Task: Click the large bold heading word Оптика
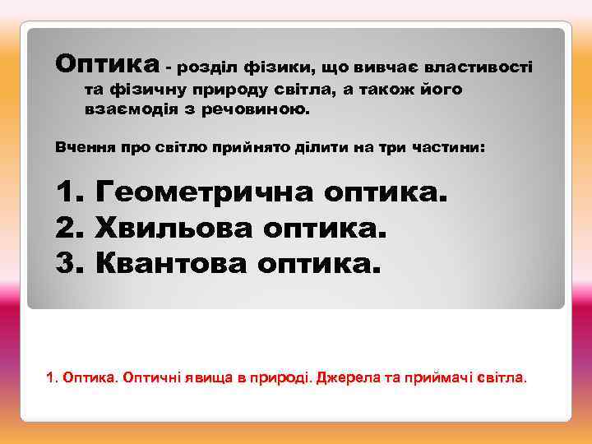[x=107, y=62]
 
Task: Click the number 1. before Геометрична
[x=69, y=193]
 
